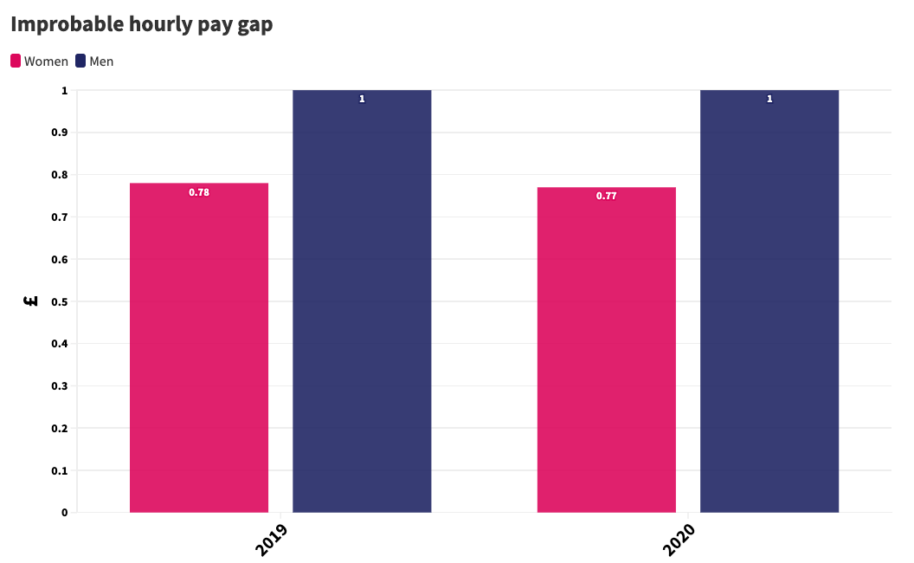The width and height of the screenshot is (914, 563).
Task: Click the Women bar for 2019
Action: point(199,347)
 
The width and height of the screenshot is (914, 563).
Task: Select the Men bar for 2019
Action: point(362,301)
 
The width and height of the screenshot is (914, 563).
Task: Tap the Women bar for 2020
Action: point(606,350)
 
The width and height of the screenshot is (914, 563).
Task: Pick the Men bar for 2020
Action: point(769,301)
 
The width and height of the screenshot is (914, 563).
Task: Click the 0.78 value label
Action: point(199,192)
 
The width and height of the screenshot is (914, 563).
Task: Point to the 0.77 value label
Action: point(606,196)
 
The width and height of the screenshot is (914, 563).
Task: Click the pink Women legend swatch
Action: point(16,61)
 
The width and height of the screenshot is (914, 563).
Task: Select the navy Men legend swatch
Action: point(80,61)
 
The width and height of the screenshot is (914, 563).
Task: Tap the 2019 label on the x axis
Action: point(272,539)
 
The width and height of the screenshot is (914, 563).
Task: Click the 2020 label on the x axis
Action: point(679,539)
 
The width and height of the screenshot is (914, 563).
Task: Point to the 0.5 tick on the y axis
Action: point(60,301)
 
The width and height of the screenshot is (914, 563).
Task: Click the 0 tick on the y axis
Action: point(65,512)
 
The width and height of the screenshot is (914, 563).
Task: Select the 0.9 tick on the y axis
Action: point(60,133)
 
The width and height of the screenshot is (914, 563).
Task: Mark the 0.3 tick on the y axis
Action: point(60,386)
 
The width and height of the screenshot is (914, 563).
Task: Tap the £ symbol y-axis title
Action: point(31,301)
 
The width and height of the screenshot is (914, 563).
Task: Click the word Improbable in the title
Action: point(68,24)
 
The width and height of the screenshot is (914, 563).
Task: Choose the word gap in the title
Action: point(254,26)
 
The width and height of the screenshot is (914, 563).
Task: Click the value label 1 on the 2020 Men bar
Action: point(769,100)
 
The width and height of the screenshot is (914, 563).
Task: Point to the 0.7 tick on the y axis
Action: point(60,217)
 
